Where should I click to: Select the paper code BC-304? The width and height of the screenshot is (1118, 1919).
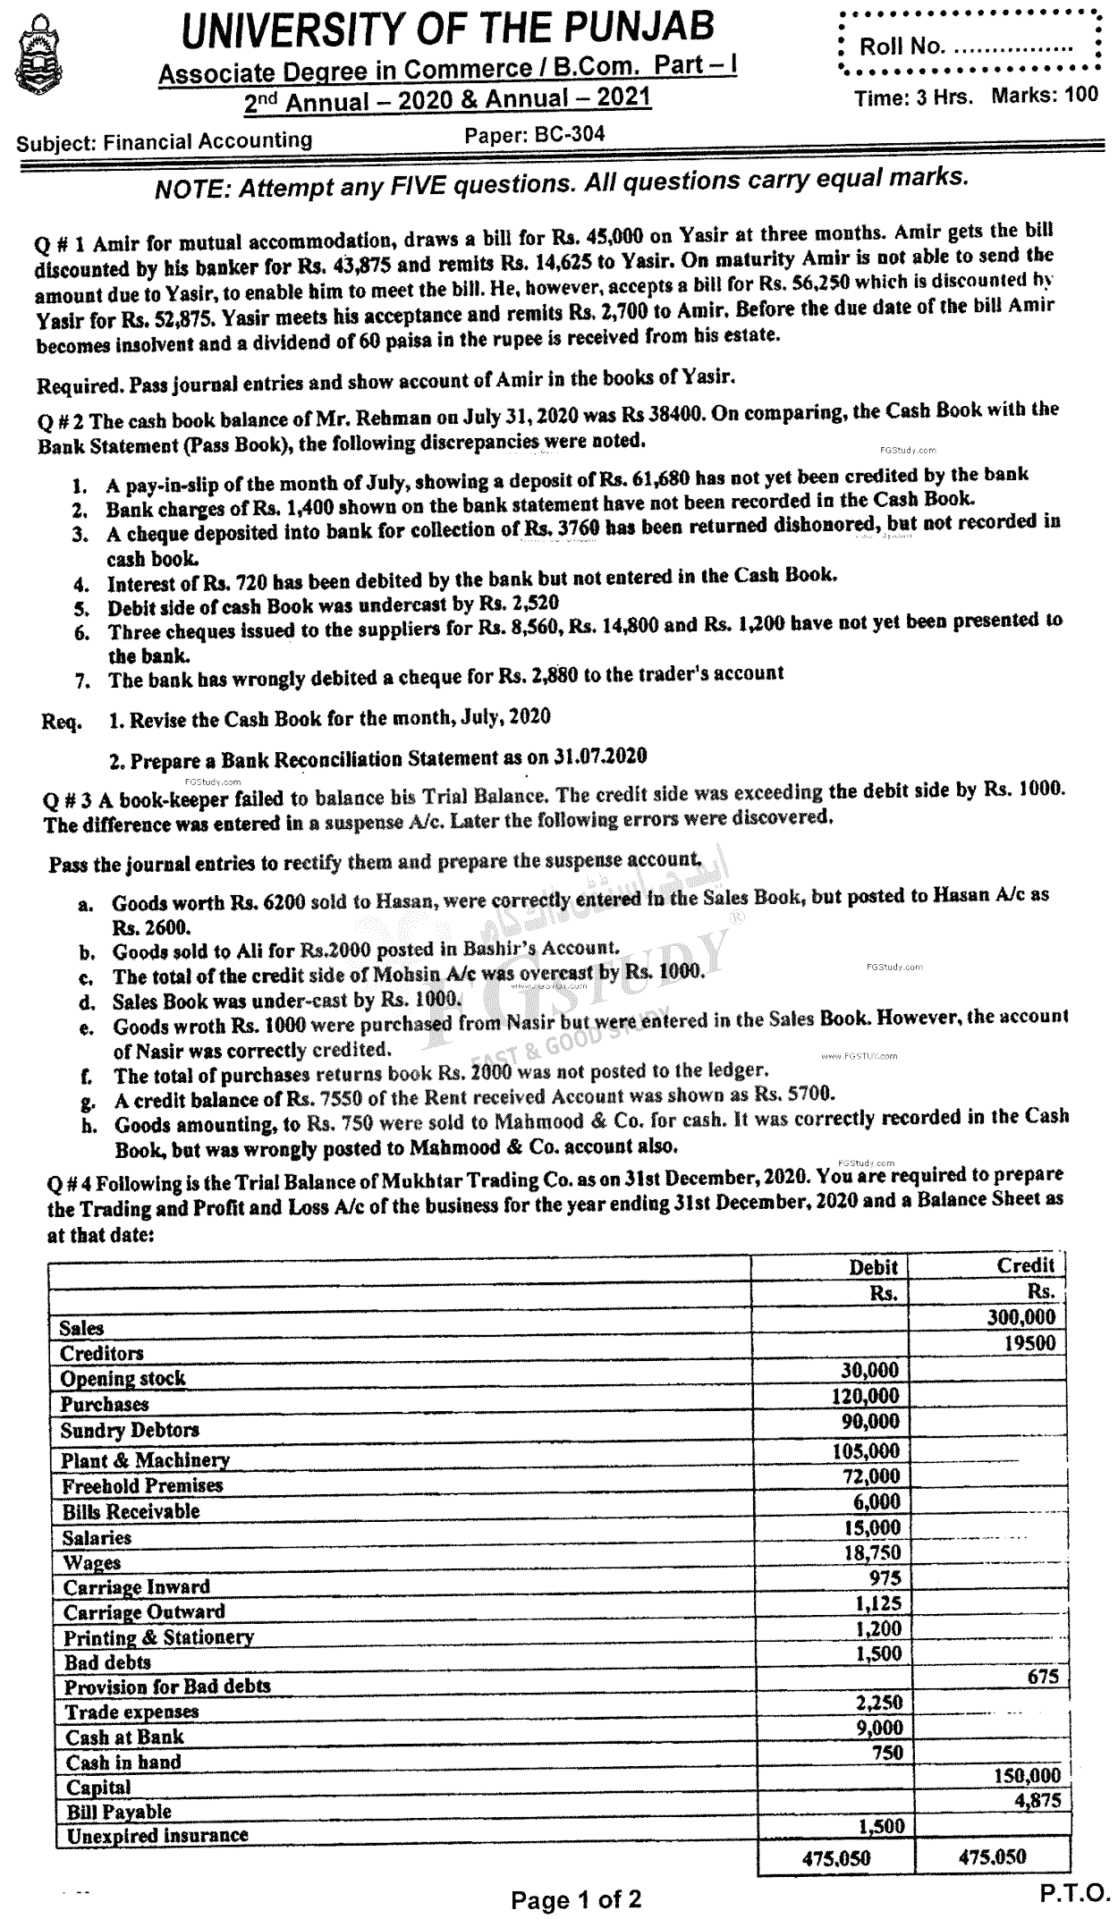point(535,134)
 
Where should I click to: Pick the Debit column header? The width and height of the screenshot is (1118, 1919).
point(873,1266)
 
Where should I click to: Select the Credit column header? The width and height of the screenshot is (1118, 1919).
point(1025,1264)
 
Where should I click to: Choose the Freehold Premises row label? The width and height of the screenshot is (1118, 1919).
point(142,1485)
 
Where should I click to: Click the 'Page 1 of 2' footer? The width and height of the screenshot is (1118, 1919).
point(576,1899)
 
